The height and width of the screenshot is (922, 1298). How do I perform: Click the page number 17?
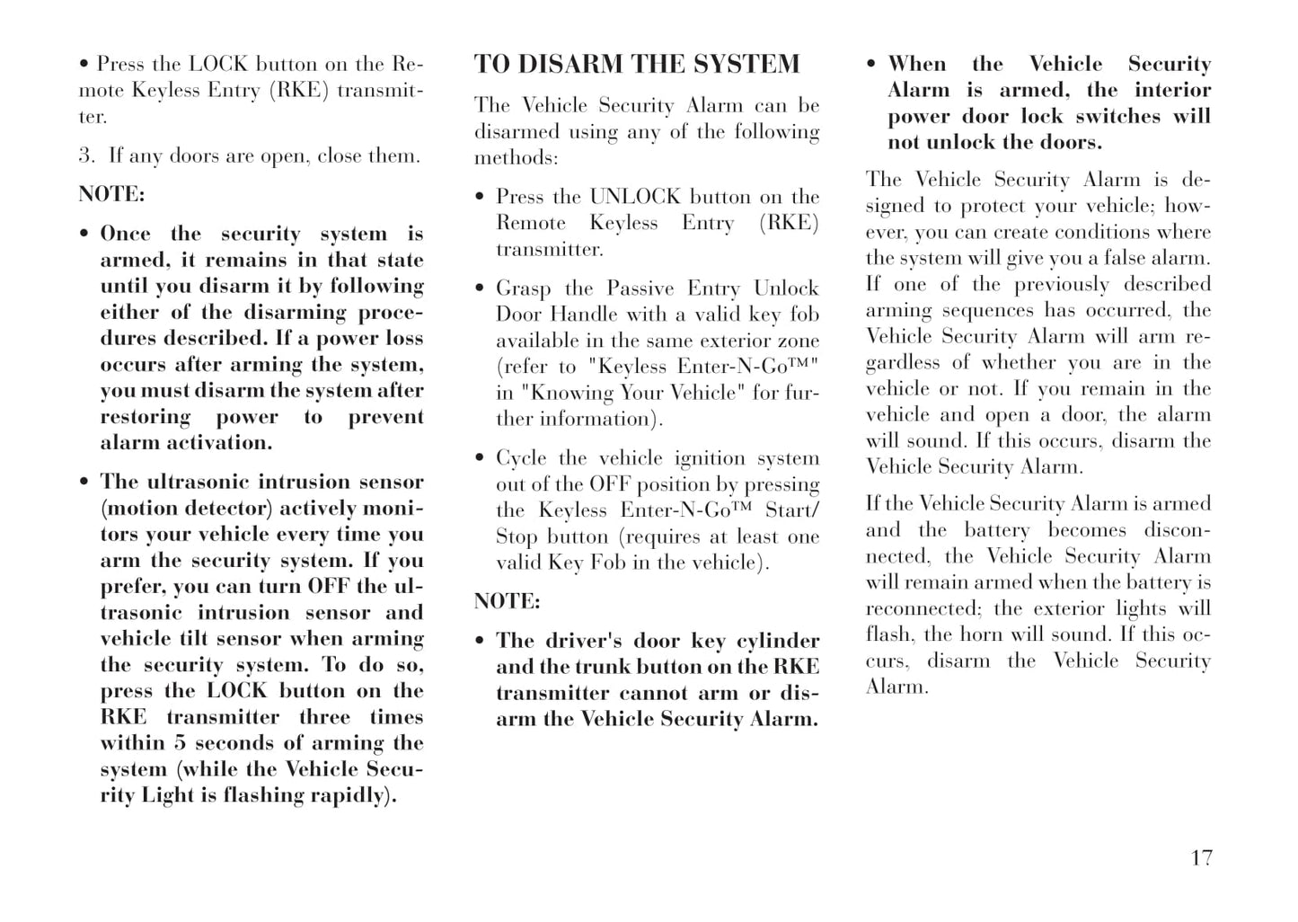pyautogui.click(x=1201, y=858)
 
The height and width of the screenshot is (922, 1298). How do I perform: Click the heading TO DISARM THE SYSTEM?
pyautogui.click(x=636, y=65)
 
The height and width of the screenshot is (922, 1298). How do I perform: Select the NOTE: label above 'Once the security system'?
pyautogui.click(x=111, y=194)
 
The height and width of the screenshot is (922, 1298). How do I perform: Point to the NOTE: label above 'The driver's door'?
pyautogui.click(x=508, y=601)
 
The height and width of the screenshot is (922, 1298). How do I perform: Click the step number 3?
pyautogui.click(x=85, y=155)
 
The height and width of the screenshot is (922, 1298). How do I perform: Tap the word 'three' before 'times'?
pyautogui.click(x=324, y=717)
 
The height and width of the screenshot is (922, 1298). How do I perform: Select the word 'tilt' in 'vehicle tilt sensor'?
pyautogui.click(x=188, y=639)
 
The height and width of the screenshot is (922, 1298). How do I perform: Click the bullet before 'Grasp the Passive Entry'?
pyautogui.click(x=481, y=289)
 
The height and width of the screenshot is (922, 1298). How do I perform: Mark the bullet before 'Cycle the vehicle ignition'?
pyautogui.click(x=481, y=459)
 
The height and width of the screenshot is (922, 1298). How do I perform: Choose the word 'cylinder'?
pyautogui.click(x=778, y=641)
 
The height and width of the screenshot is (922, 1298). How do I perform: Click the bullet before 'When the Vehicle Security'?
pyautogui.click(x=871, y=65)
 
